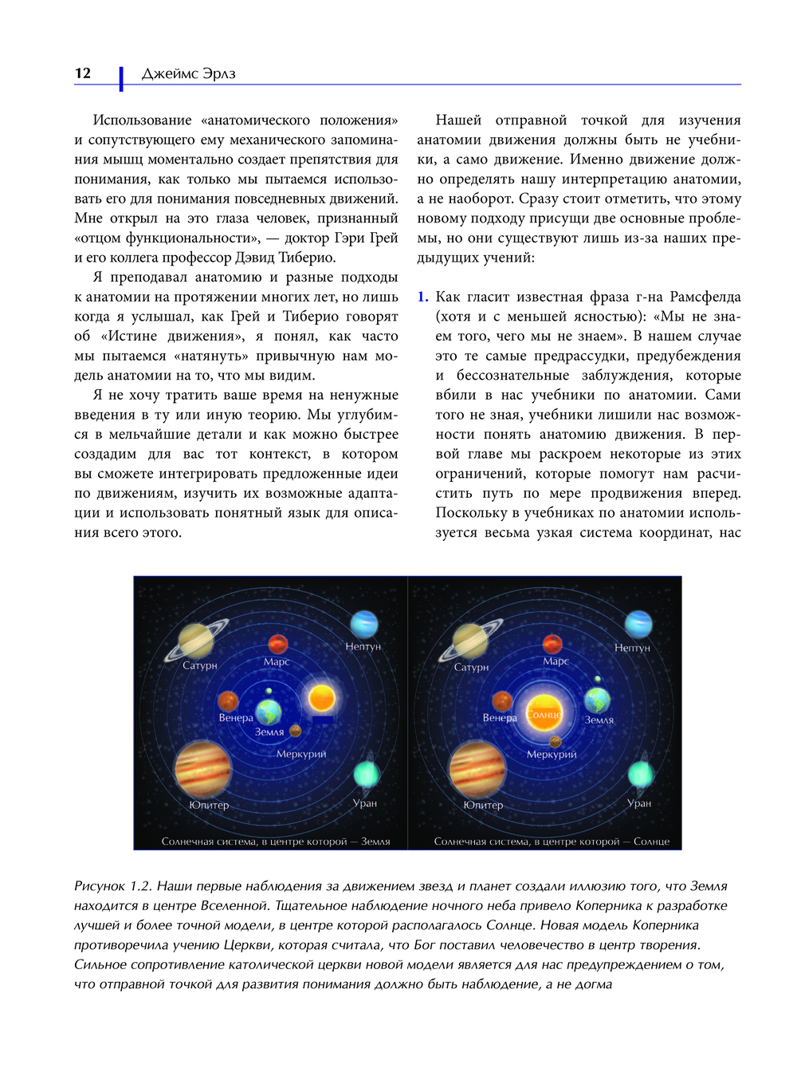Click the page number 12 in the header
tap(83, 73)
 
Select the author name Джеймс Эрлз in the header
tap(188, 74)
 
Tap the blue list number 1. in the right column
tap(422, 297)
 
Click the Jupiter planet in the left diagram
tap(203, 769)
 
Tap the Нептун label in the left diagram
tap(363, 646)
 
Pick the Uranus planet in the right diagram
tap(640, 774)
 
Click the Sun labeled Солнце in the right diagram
tap(546, 712)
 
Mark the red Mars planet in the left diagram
tap(277, 643)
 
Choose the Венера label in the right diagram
tap(500, 718)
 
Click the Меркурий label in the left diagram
tap(301, 754)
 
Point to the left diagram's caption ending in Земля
tap(276, 841)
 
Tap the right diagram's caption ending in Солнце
tap(552, 841)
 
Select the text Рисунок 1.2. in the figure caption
tap(112, 886)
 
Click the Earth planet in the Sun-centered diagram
tap(597, 700)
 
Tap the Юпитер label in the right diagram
tap(483, 805)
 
